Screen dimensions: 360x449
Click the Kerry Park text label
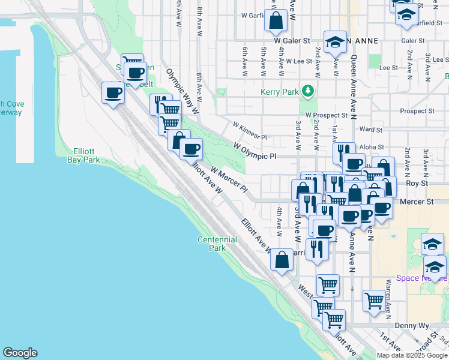point(279,92)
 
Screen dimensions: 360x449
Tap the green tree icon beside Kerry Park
point(309,91)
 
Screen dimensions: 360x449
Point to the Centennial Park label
point(217,244)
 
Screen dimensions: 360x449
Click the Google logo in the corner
point(20,353)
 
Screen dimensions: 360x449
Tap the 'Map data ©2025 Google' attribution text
point(412,355)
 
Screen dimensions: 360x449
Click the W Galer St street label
point(291,41)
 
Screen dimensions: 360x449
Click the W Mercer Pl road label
point(229,179)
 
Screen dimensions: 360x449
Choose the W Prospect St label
point(326,114)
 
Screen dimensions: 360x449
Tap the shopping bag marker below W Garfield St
point(276,20)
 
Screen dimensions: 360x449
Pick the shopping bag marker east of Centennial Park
point(282,260)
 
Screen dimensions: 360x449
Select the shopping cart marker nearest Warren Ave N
point(374,299)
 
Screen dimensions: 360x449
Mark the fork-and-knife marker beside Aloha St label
point(344,152)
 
